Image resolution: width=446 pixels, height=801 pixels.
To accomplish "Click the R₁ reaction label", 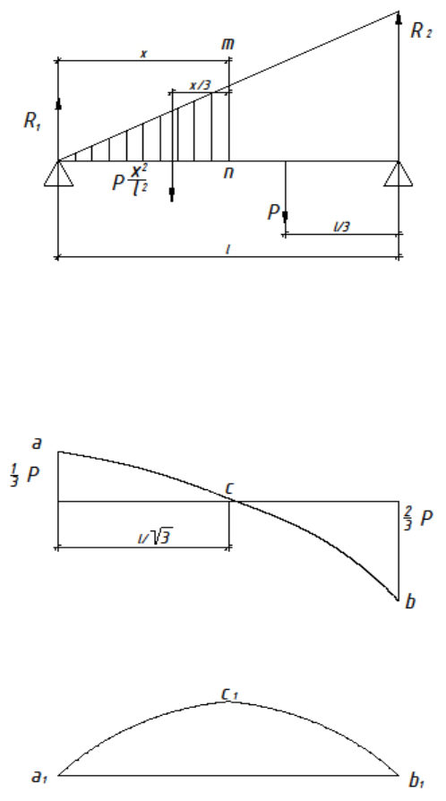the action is pos(32,122).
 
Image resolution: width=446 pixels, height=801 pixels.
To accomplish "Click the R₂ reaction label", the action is pos(422,31).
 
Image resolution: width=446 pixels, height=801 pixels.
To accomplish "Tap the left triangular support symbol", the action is pos(59,173).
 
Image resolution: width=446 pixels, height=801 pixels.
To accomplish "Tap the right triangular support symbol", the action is pos(399,173).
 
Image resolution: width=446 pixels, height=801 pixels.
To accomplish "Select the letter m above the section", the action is pos(227,45).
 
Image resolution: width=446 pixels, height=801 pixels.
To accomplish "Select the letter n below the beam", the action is pos(228,173).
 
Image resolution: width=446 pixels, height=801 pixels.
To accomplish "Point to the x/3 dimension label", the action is pos(200,85).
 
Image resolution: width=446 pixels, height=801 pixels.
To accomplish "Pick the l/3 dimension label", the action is pos(342,227).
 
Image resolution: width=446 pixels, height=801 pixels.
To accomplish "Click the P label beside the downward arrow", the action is pos(273,212).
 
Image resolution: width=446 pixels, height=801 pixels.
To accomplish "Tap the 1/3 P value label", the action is pos(24,475).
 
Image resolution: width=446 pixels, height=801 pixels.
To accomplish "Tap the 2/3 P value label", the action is pos(418,519).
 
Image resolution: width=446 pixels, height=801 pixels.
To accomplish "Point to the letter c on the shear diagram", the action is pos(229,489).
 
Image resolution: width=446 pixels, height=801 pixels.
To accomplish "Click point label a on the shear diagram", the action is pos(36,443).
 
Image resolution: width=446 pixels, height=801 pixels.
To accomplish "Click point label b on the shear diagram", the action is pos(409,602).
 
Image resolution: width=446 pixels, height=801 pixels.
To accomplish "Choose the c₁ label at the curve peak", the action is pos(230,694).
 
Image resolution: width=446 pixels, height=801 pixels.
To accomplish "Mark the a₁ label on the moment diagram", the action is pos(39,777).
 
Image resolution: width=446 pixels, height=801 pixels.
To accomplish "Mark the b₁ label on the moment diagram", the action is pos(416,780).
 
